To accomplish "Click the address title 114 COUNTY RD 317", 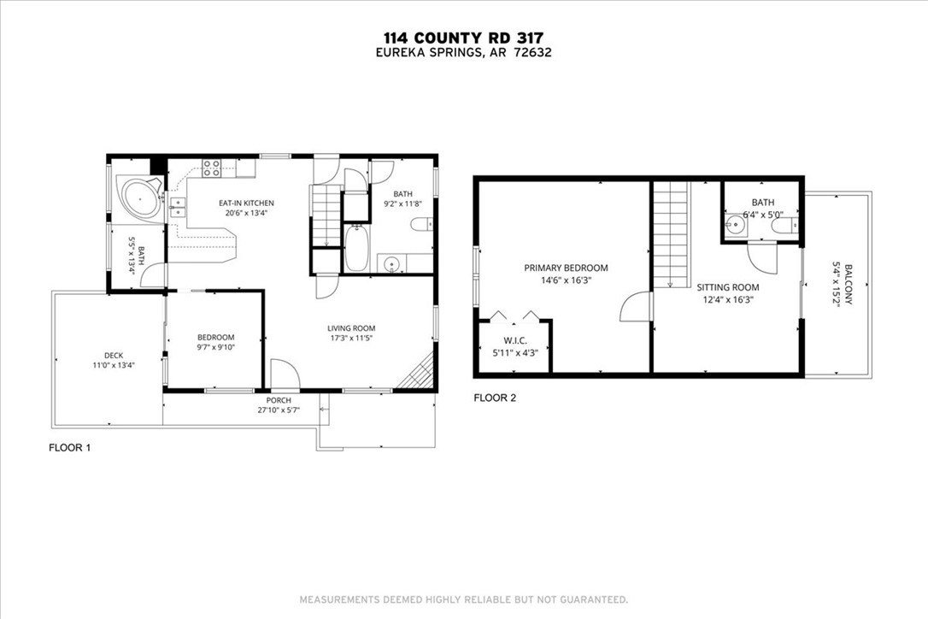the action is point(463,38).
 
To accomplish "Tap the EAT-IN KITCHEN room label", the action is point(246,203).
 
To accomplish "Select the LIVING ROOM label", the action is point(351,328).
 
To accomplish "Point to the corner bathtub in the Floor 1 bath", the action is point(140,198).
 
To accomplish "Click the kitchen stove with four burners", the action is point(212,168).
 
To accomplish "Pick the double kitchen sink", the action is point(178,208).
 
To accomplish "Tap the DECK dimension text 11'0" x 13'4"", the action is point(114,365).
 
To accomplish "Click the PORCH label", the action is point(279,400).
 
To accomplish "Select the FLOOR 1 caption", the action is point(70,448).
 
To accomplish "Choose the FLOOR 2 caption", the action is point(495,398).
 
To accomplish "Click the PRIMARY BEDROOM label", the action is point(566,268).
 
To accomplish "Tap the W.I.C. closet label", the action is point(515,340).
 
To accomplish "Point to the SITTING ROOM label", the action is point(727,287).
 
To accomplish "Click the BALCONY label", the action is point(849,285).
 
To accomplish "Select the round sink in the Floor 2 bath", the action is point(737,226).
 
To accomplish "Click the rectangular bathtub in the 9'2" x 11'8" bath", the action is point(356,249).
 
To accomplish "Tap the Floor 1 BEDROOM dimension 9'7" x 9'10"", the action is point(216,347).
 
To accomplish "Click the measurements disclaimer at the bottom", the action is point(463,600).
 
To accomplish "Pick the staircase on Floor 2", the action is point(672,235).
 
